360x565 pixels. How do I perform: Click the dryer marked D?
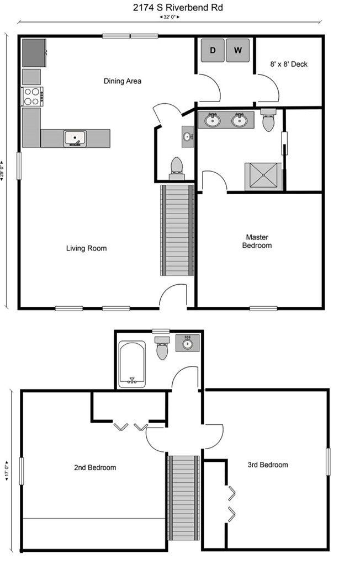[x=213, y=50]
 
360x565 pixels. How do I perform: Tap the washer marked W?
[x=238, y=50]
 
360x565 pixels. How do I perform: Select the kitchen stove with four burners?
[x=32, y=97]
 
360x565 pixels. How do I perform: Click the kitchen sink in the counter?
[x=75, y=138]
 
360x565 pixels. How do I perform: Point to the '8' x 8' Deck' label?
[x=289, y=64]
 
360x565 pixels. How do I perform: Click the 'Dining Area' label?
[x=123, y=81]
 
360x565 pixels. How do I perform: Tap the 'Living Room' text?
[x=87, y=248]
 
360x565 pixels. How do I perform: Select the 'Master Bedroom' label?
[x=257, y=242]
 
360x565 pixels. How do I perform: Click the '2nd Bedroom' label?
[x=95, y=468]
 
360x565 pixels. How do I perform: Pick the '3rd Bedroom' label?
[x=268, y=465]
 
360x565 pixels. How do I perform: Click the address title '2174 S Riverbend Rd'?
[x=178, y=8]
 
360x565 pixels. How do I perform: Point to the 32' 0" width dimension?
[x=169, y=17]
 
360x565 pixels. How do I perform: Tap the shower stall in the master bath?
[x=263, y=177]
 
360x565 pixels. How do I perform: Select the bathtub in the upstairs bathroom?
[x=132, y=364]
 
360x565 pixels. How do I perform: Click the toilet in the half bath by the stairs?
[x=177, y=169]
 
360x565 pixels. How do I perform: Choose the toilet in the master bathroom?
[x=268, y=120]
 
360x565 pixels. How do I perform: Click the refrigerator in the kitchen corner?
[x=34, y=53]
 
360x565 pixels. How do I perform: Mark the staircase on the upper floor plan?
[x=184, y=498]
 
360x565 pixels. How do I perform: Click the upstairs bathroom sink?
[x=188, y=343]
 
